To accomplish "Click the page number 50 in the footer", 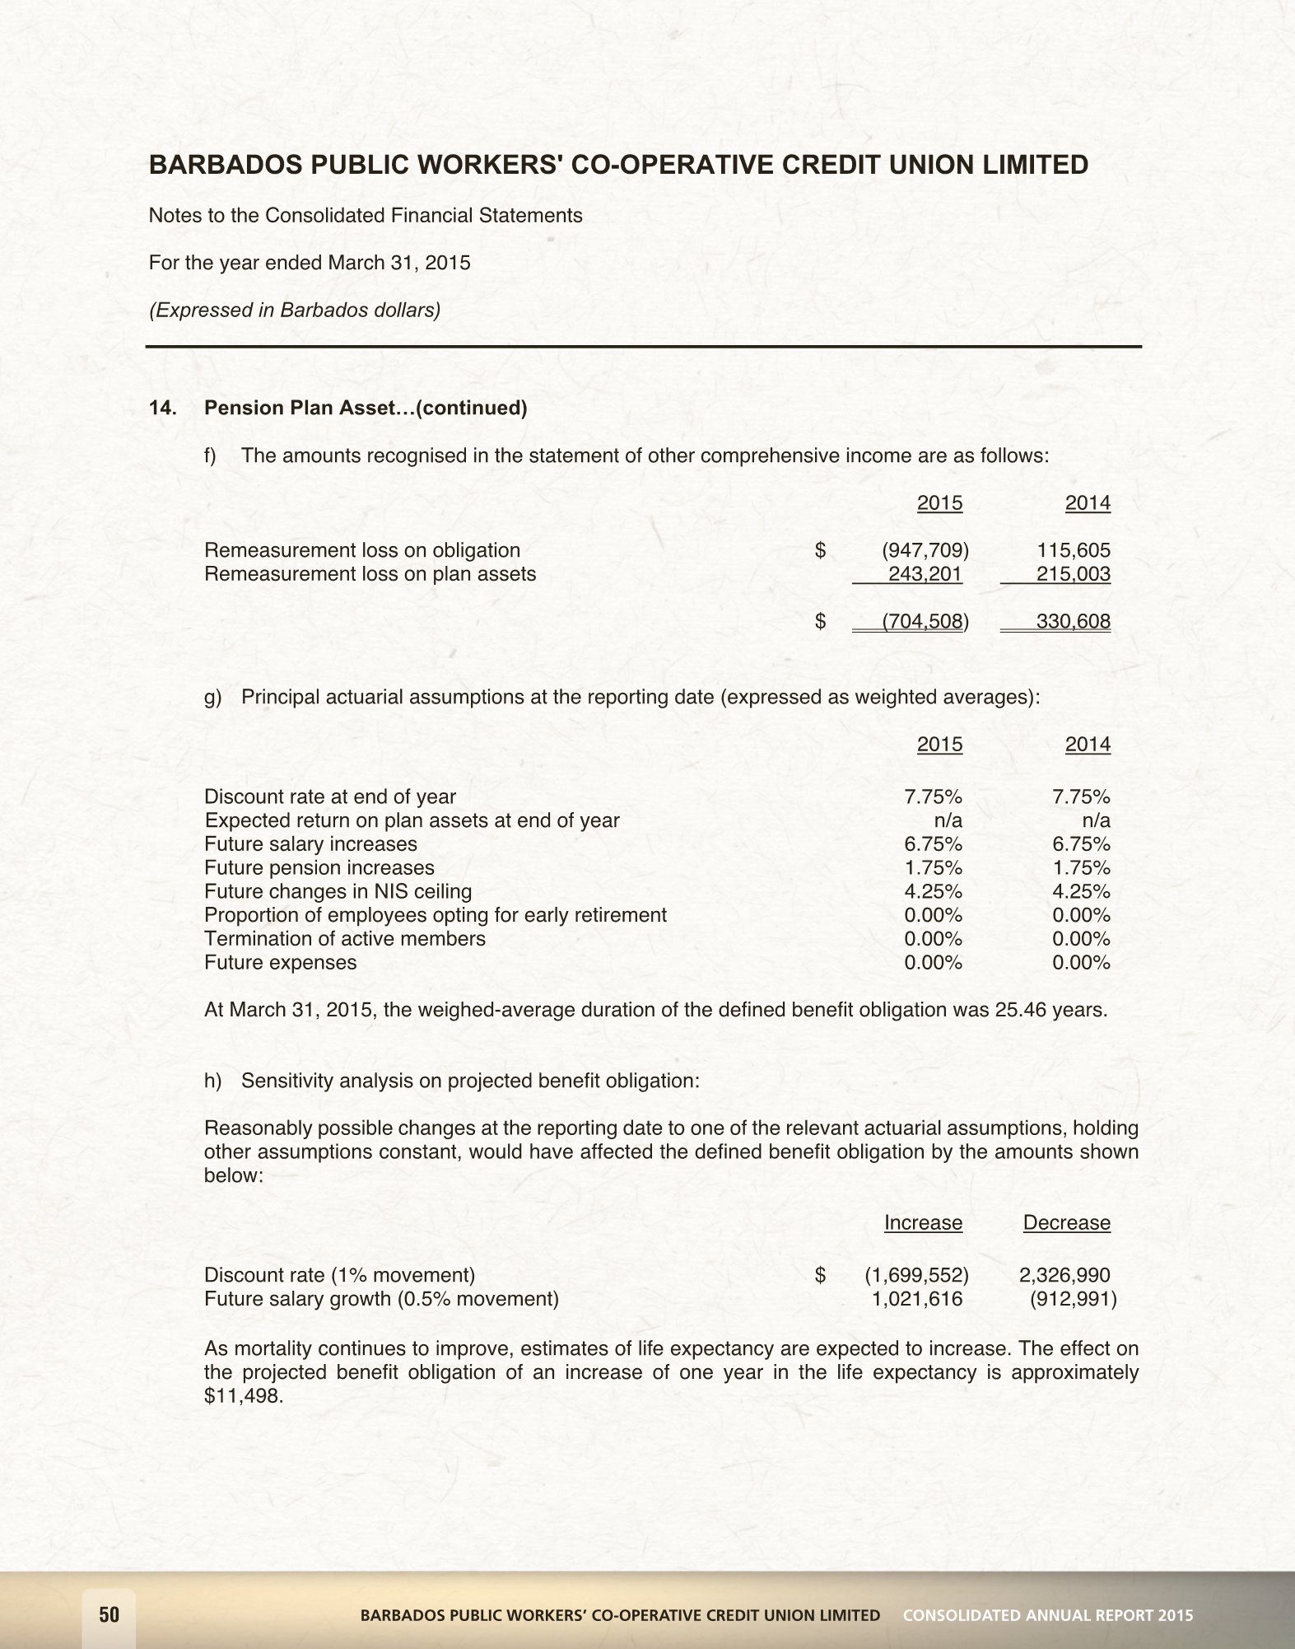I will (109, 1614).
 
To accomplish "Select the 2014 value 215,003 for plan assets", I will (1073, 574).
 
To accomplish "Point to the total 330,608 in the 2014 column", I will (1073, 621).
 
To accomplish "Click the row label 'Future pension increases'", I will (319, 867).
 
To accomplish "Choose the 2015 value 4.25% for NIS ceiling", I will (933, 891).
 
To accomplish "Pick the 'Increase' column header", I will (923, 1222).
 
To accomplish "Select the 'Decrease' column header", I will (1066, 1222).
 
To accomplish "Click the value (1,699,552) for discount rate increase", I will (915, 1275).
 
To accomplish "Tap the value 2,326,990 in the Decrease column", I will (1064, 1275).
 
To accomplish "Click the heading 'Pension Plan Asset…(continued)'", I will (366, 408).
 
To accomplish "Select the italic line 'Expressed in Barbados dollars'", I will (294, 310).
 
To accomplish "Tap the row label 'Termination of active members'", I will (344, 938).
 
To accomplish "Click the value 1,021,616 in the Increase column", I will (916, 1299).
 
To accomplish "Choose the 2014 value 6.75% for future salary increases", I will (1081, 843).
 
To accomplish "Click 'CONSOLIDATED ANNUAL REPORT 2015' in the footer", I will (1047, 1615).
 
